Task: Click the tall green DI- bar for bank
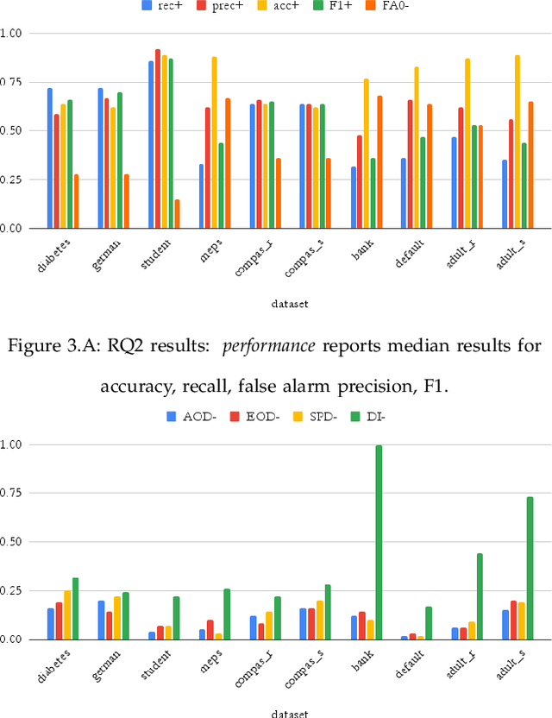pyautogui.click(x=378, y=542)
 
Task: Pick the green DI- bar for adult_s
pyautogui.click(x=530, y=568)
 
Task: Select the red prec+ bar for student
pyautogui.click(x=158, y=139)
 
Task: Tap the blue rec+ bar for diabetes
pyautogui.click(x=50, y=158)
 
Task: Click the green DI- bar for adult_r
pyautogui.click(x=480, y=596)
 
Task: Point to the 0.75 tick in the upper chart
pyautogui.click(x=15, y=81)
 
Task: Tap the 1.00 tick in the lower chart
pyautogui.click(x=15, y=444)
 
